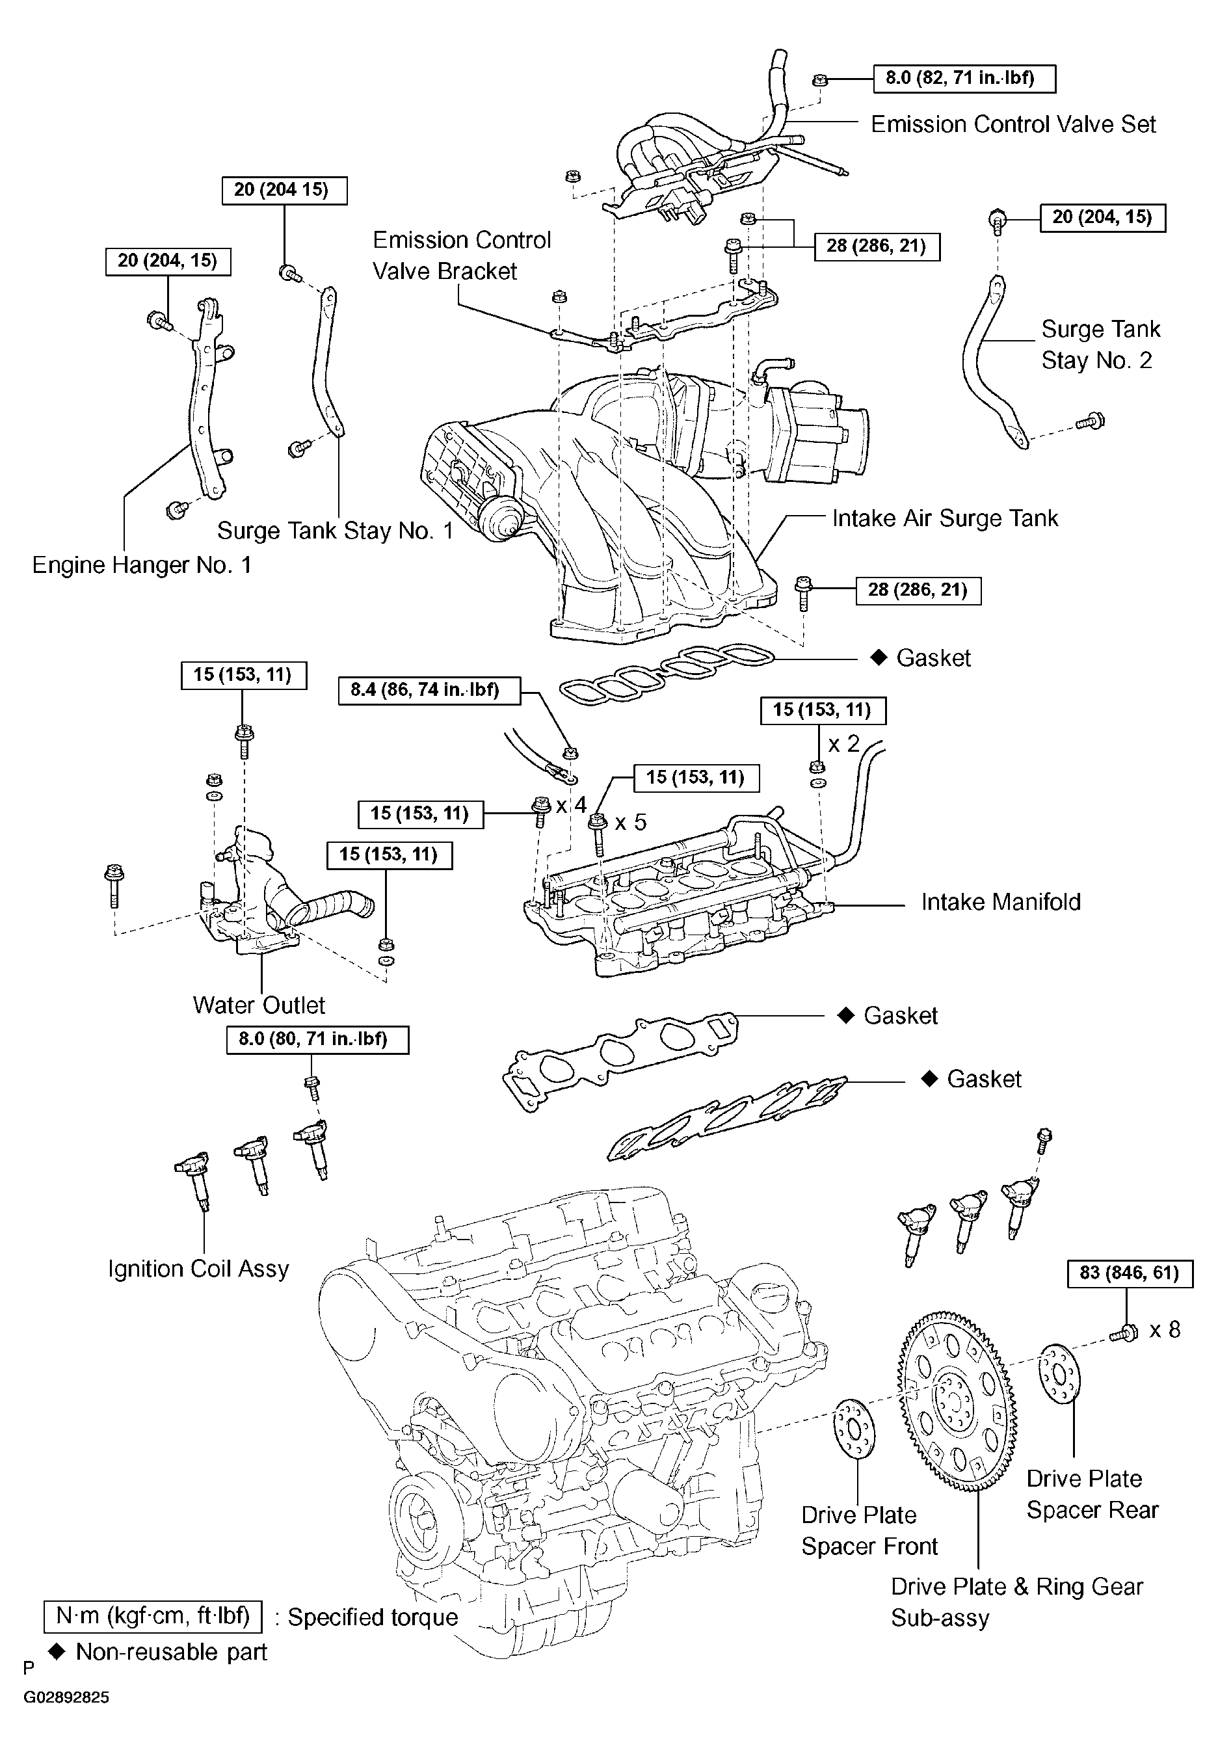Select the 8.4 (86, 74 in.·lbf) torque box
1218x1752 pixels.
point(430,691)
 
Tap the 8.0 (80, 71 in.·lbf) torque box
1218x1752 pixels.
point(317,1039)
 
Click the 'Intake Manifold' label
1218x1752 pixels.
point(1001,902)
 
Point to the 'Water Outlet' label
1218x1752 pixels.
point(259,1005)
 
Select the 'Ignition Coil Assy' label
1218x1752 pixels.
point(198,1269)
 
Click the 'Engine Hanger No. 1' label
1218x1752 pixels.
point(141,564)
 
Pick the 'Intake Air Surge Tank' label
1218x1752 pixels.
point(945,518)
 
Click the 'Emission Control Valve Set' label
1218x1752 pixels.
point(1013,124)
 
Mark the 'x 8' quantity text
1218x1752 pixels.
point(1165,1330)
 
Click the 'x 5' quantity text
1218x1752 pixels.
point(630,822)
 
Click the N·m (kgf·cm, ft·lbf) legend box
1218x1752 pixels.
point(153,1616)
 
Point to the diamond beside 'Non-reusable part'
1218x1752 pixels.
point(56,1651)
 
